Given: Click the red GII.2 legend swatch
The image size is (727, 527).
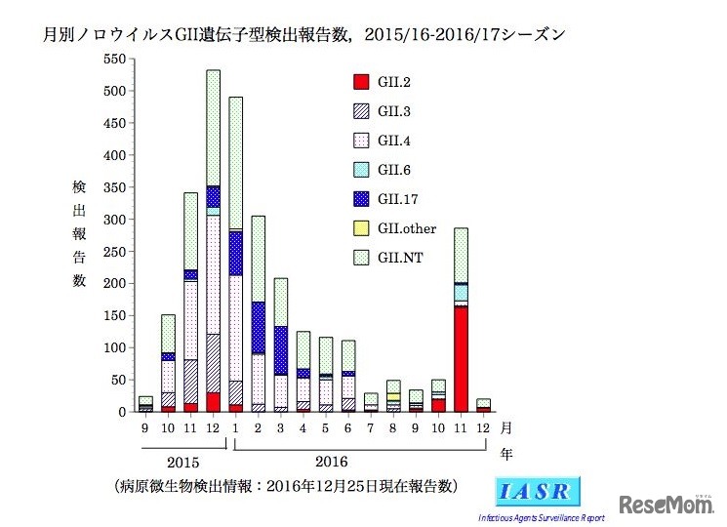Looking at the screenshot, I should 360,81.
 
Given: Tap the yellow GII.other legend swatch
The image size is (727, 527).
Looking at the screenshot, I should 360,228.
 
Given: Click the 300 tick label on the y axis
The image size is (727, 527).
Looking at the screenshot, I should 114,220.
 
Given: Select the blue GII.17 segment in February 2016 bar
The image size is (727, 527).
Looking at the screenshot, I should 259,327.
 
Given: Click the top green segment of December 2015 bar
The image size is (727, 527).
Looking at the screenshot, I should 213,127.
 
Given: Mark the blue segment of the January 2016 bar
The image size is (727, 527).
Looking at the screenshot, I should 235,253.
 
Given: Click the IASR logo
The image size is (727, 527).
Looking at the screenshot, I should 540,491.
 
